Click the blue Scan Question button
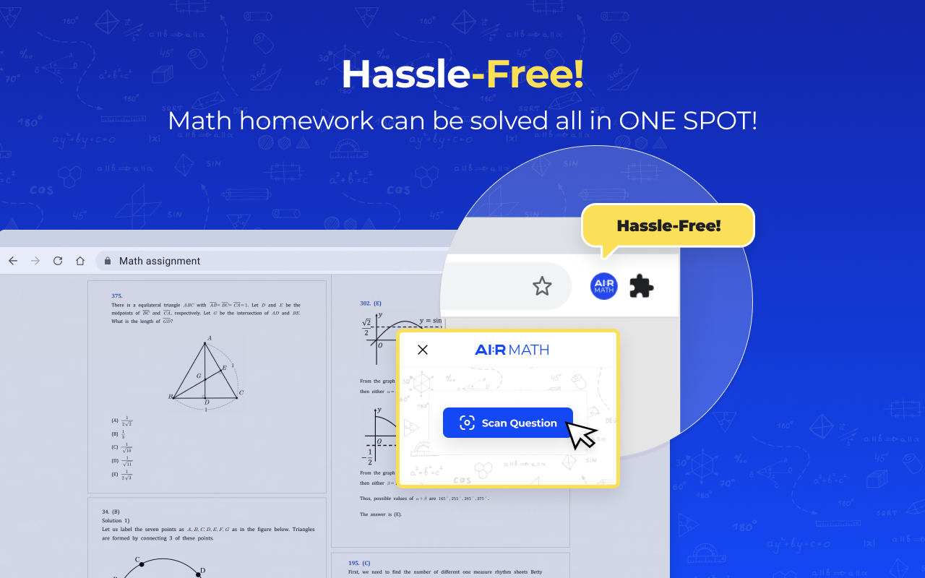click(x=507, y=423)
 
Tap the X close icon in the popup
click(x=423, y=350)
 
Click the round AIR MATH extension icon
click(x=603, y=286)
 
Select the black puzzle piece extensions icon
click(x=641, y=286)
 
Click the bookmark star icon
click(x=542, y=286)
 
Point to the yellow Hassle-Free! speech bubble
click(x=668, y=225)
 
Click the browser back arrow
click(x=13, y=261)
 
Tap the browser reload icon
click(x=58, y=261)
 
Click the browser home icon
click(x=80, y=261)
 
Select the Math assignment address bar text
click(x=160, y=261)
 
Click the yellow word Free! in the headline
click(x=535, y=74)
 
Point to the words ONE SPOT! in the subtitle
click(x=688, y=121)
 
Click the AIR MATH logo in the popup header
click(x=512, y=350)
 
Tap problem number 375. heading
click(x=117, y=296)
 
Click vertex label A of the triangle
click(x=209, y=338)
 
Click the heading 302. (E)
click(x=371, y=303)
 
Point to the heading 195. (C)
click(x=359, y=563)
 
